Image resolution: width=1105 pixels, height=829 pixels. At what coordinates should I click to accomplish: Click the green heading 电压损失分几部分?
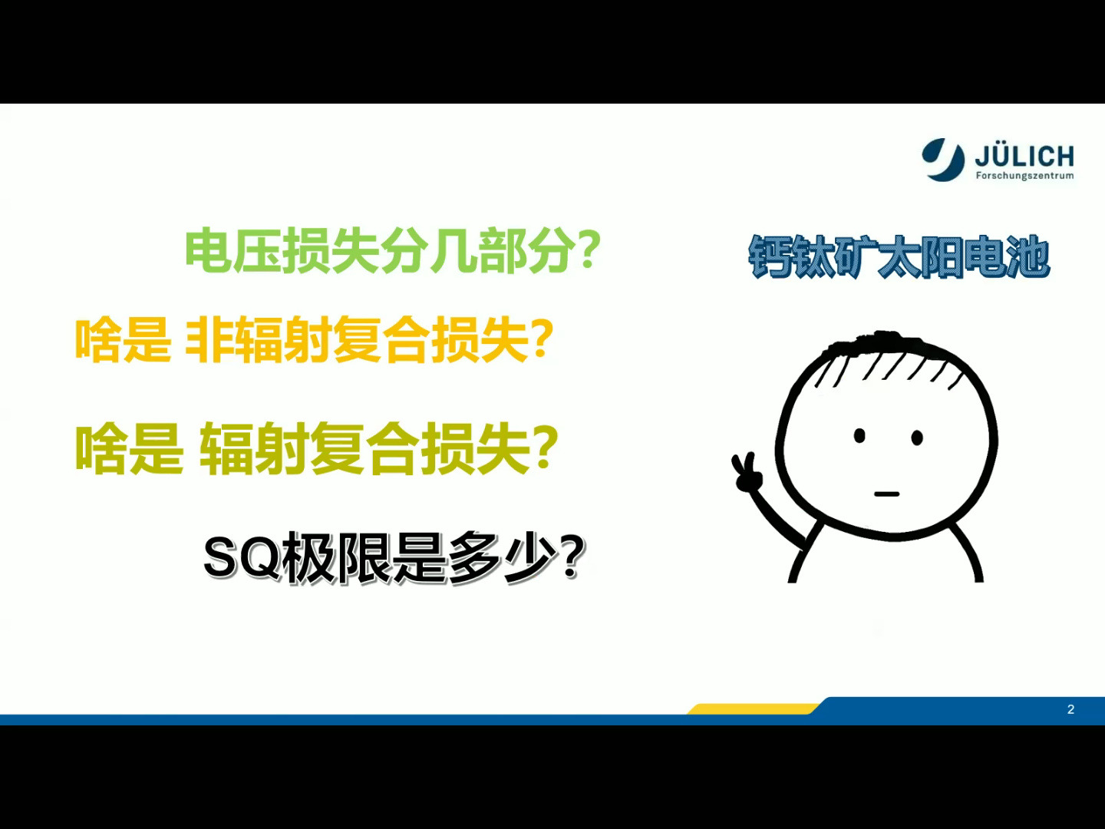tap(392, 251)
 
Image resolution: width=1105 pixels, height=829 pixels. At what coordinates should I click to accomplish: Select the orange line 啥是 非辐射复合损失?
tap(314, 340)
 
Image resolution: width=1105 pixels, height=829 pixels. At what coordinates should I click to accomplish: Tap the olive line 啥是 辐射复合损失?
tap(316, 449)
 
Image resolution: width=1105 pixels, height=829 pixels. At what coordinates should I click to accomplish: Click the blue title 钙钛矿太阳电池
tap(899, 257)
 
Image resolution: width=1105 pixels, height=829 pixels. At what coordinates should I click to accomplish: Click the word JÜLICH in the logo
tap(1024, 157)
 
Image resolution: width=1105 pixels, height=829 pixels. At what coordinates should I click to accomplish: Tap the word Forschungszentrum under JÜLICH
tap(1024, 176)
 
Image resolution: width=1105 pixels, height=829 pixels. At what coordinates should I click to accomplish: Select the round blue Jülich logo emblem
tap(943, 159)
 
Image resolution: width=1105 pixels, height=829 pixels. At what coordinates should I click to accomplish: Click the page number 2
tap(1070, 709)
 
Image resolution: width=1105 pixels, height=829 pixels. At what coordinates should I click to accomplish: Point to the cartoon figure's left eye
tap(859, 436)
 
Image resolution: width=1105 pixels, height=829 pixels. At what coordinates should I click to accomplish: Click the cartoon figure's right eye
tap(917, 438)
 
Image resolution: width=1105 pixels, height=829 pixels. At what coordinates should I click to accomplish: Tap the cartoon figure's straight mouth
tap(886, 494)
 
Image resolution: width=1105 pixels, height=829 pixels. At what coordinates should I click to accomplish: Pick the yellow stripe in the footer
tap(752, 708)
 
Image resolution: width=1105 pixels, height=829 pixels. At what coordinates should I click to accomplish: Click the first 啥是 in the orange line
tap(123, 340)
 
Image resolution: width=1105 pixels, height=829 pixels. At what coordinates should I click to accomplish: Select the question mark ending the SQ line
tap(572, 558)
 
